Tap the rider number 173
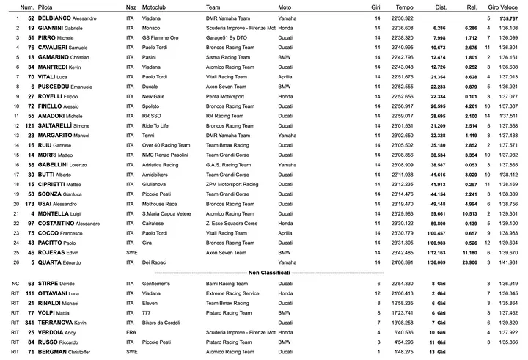[30, 203]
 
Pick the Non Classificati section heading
[263, 272]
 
